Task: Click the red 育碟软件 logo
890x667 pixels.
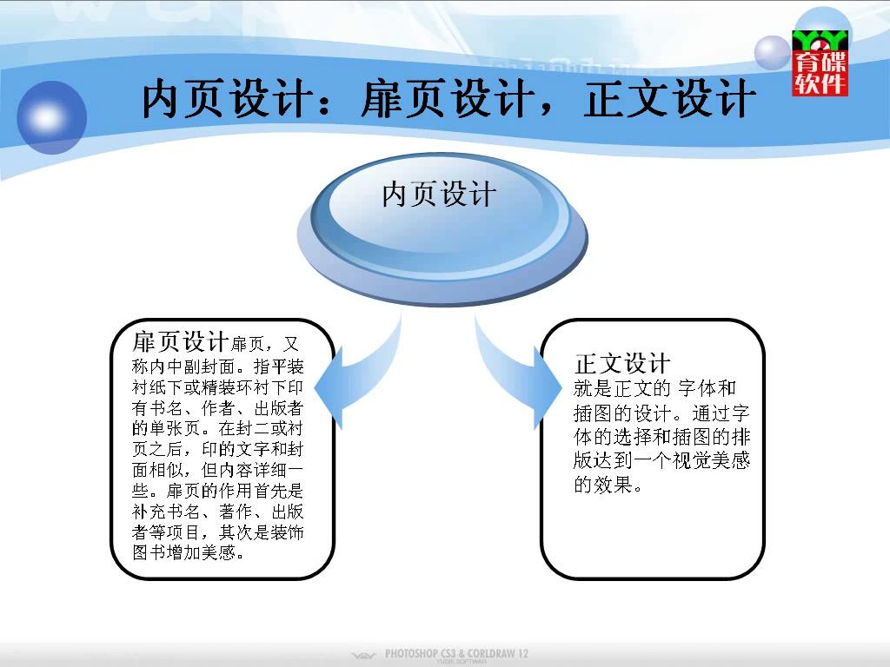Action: [820, 63]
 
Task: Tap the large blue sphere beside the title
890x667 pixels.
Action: [51, 117]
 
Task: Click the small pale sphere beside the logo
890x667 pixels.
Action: [772, 53]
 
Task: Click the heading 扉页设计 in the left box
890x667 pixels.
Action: [180, 342]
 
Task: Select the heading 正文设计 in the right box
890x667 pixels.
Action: [622, 364]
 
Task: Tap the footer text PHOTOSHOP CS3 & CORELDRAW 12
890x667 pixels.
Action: [456, 653]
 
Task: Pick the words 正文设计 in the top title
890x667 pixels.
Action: [670, 99]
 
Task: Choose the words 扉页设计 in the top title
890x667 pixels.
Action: [448, 99]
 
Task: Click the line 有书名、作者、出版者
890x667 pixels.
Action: [217, 408]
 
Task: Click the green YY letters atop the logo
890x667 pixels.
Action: [820, 40]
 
